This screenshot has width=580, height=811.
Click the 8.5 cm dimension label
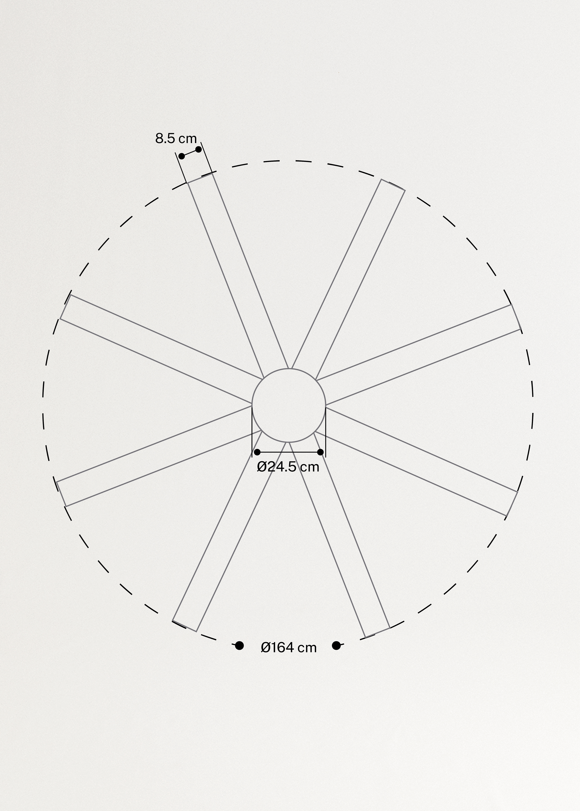(176, 138)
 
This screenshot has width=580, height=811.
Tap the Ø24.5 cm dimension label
(288, 467)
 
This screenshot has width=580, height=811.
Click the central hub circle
(289, 405)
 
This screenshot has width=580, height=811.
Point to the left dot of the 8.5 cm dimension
(181, 156)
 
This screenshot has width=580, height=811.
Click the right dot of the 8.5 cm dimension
(199, 149)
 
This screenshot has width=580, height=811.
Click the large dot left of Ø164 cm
(239, 645)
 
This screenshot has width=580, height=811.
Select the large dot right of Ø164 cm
(336, 645)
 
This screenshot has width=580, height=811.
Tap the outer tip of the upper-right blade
(393, 185)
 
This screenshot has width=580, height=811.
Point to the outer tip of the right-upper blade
(516, 317)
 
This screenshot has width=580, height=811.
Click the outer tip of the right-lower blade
(512, 504)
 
